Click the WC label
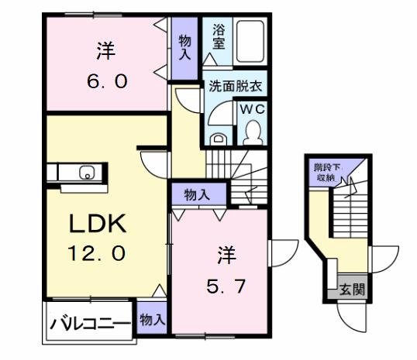click(253, 110)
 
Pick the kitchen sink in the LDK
click(88, 173)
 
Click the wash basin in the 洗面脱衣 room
click(219, 140)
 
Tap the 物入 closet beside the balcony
click(153, 319)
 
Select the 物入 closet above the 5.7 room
click(197, 194)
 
